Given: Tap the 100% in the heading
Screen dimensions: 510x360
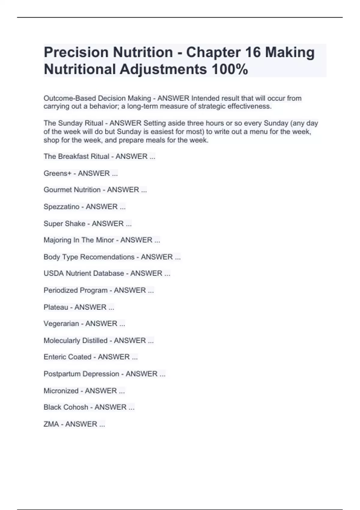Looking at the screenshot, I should (230, 69).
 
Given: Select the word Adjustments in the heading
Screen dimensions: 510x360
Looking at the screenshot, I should (163, 69).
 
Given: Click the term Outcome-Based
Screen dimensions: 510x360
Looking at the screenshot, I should (70, 98).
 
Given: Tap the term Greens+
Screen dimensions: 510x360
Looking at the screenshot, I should (57, 173).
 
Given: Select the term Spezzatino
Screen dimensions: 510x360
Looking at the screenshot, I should (61, 207).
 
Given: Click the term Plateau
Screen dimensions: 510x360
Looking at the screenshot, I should (56, 307).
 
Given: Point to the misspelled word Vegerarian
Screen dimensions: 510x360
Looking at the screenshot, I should (61, 324).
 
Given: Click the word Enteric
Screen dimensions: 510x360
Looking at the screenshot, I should (55, 357).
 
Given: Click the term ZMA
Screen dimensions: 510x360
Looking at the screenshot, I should (51, 424).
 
